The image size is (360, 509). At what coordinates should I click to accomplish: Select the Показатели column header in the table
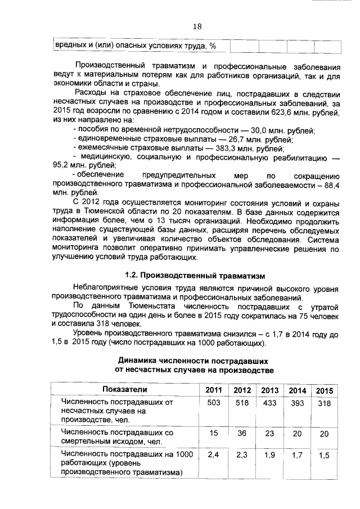124,389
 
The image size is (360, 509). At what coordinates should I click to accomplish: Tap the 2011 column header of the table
213,390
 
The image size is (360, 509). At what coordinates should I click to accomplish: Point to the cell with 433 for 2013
269,403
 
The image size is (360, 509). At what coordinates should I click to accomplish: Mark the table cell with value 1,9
269,456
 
